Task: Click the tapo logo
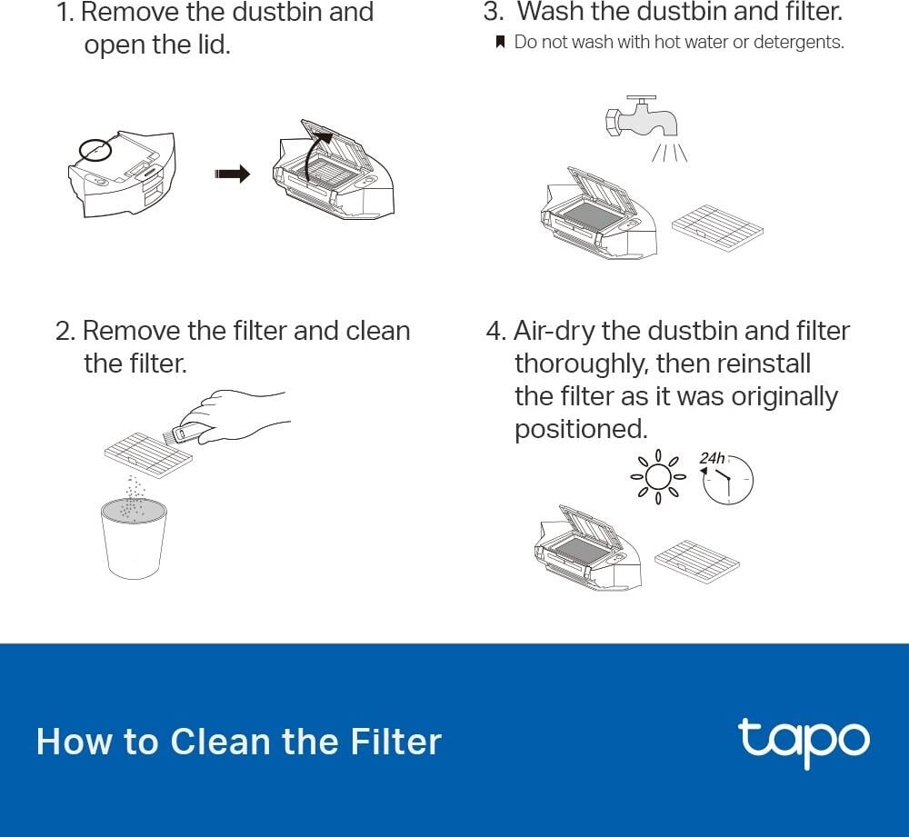tap(803, 742)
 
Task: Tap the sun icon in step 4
tap(657, 475)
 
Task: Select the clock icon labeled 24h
tap(728, 479)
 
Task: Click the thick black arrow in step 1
tap(232, 174)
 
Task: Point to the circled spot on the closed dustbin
tap(95, 149)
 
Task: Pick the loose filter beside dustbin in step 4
tap(696, 560)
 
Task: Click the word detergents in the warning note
tap(799, 43)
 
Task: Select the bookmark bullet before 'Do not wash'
tap(499, 43)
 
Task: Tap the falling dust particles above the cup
tap(134, 495)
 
